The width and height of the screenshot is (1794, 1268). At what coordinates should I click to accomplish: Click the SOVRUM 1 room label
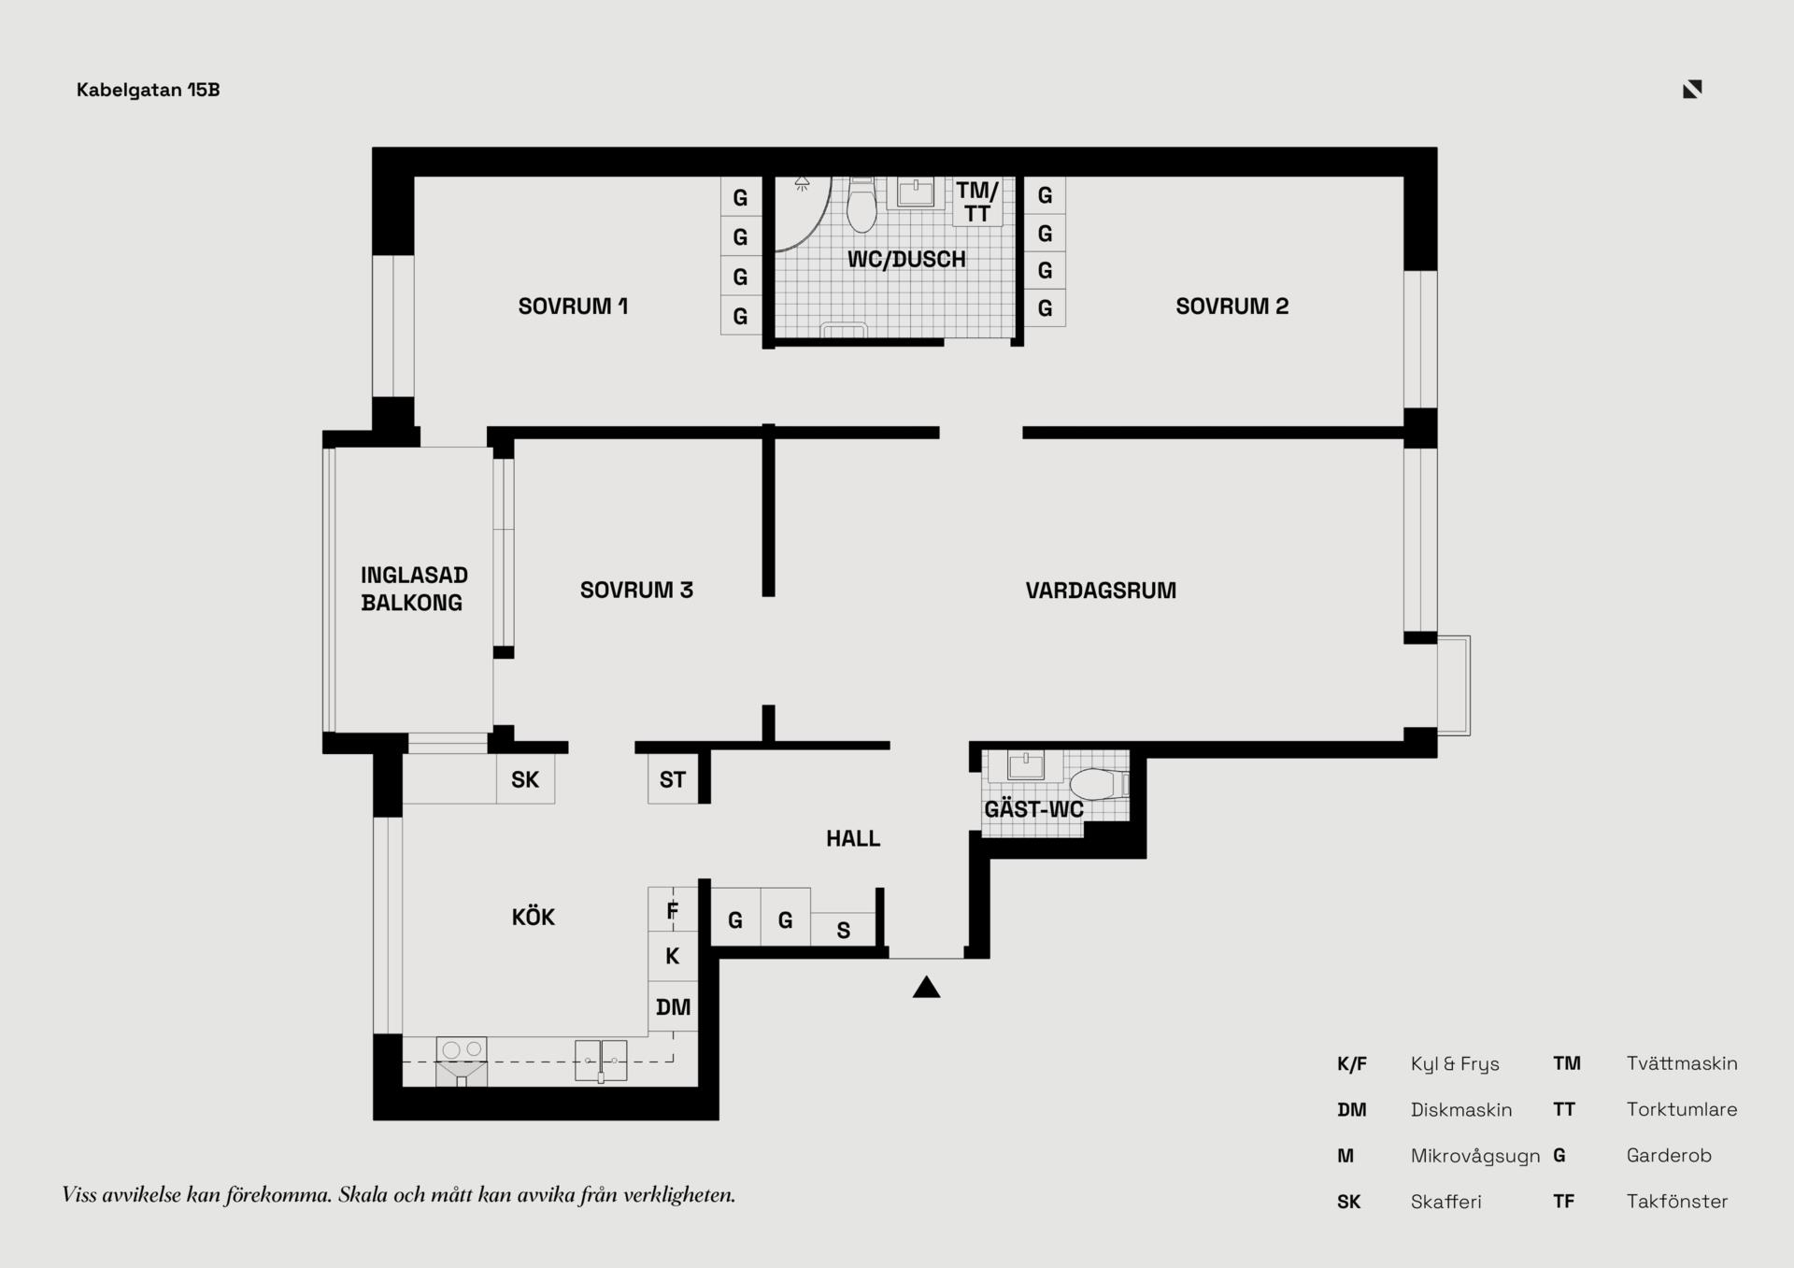(573, 306)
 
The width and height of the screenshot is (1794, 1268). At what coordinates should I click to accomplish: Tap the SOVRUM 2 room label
(1232, 306)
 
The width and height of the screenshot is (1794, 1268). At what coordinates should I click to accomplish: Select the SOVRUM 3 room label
(636, 591)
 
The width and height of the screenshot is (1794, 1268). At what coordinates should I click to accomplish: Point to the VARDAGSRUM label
(1101, 591)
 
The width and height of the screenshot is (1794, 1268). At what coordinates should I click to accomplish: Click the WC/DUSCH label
(906, 260)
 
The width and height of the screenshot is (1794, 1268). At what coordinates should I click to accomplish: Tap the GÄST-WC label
(1033, 809)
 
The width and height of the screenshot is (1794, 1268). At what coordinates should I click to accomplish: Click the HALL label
(853, 839)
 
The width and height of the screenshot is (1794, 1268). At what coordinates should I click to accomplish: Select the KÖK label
(534, 917)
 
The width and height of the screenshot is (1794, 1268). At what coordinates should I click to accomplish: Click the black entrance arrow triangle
(926, 987)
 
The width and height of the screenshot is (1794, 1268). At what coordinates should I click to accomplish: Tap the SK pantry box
(525, 779)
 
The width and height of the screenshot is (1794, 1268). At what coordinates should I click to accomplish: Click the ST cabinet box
(673, 779)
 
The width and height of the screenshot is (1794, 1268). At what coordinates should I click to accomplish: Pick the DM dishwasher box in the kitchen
(673, 1007)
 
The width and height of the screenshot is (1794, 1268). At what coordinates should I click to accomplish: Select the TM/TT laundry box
(977, 202)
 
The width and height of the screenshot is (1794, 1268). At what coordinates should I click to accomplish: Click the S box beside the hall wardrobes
(843, 930)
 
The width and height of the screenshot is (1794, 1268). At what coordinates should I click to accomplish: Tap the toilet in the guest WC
(1099, 784)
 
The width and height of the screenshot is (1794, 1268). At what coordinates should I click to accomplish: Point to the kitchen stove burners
(462, 1049)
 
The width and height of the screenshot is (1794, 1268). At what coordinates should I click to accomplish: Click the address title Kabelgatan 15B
(149, 90)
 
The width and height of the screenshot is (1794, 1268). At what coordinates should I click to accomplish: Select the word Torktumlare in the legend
(1682, 1109)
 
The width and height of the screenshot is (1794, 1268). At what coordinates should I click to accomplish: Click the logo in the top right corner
(1692, 89)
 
